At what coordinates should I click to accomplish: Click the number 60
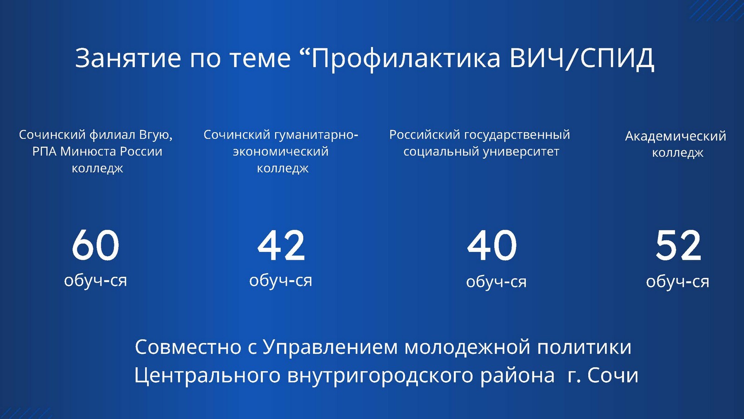(95, 245)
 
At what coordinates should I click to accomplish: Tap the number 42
(281, 245)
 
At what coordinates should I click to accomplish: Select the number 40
(492, 245)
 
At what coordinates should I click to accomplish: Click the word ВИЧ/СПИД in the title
(582, 58)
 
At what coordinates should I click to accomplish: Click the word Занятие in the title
(128, 58)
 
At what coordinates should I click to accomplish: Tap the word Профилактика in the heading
(405, 59)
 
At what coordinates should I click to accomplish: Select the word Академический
(676, 136)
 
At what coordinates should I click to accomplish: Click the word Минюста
(89, 151)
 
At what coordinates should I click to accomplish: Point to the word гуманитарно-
(317, 135)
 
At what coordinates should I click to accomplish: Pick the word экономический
(281, 152)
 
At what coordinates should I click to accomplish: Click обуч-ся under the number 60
(95, 280)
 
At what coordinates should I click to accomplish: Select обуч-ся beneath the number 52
(678, 282)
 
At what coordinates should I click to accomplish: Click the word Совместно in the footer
(188, 347)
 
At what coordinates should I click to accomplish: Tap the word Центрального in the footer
(207, 376)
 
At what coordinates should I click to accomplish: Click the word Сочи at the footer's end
(613, 375)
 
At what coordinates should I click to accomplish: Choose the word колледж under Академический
(678, 153)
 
